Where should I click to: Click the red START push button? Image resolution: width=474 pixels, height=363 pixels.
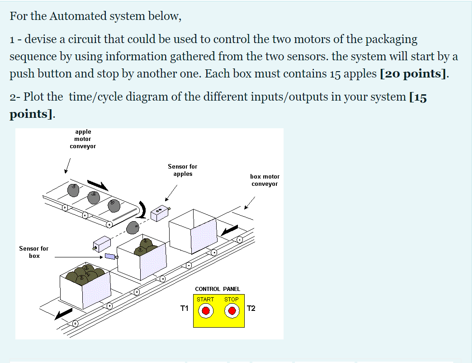tap(206, 311)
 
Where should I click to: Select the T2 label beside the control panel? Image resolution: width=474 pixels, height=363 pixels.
tap(251, 309)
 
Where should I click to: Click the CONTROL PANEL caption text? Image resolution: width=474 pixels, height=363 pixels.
tap(218, 289)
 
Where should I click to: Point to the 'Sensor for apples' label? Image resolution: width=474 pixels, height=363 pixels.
tap(182, 170)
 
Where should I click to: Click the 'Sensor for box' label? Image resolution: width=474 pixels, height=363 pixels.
tap(33, 252)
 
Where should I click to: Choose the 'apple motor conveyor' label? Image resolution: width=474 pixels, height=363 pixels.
tap(83, 139)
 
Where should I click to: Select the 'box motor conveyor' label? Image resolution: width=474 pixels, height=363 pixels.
tap(265, 180)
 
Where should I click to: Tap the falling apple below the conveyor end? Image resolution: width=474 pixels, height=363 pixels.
tap(133, 227)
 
